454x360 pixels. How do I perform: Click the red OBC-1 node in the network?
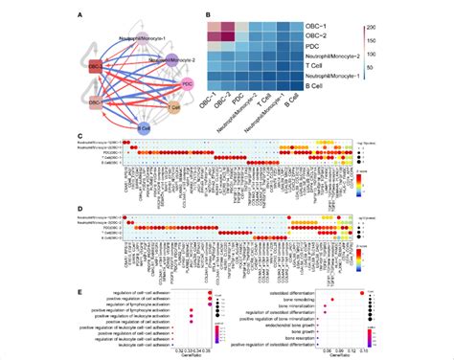95,68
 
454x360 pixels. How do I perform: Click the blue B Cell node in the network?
144,126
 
